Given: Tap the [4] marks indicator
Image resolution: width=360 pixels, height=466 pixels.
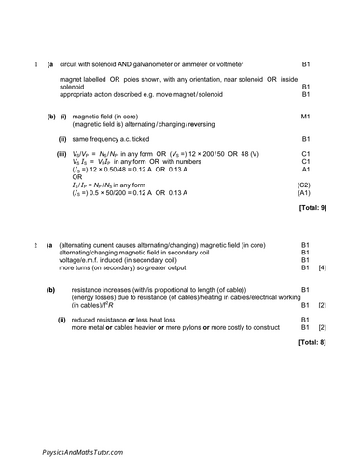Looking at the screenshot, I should (x=322, y=267).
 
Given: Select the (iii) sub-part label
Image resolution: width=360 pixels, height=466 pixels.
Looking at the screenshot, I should (x=62, y=152).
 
